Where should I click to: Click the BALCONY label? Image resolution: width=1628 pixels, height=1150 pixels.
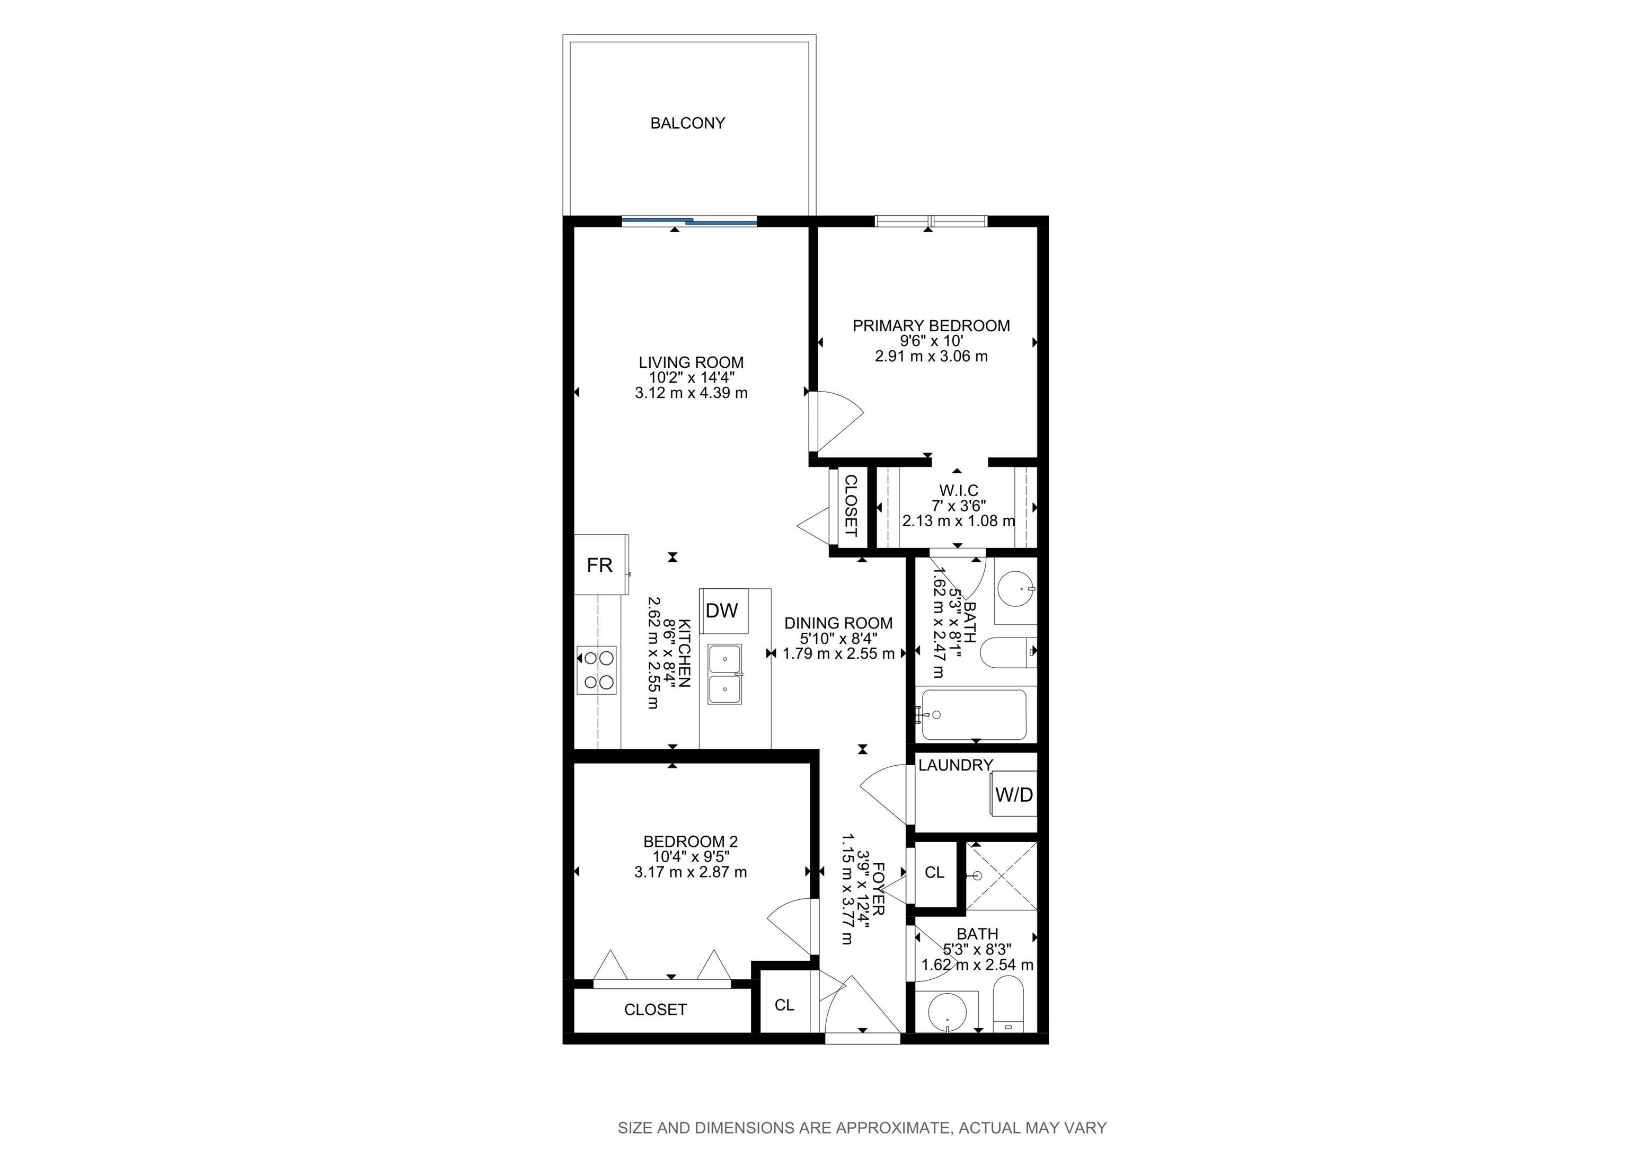tap(687, 123)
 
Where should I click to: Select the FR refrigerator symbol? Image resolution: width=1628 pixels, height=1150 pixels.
tap(600, 564)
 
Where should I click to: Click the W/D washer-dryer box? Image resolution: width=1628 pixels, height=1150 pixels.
tap(1014, 795)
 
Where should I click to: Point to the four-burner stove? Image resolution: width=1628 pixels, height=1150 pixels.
tap(597, 670)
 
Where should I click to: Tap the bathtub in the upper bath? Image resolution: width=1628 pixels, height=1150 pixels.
tap(974, 715)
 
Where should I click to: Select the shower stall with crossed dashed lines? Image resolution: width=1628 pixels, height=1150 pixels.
tap(1001, 878)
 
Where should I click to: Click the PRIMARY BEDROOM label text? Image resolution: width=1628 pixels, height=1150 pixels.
tap(931, 326)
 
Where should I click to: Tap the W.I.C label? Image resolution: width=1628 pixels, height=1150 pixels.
tap(959, 491)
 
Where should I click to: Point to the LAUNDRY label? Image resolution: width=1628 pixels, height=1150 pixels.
tap(955, 766)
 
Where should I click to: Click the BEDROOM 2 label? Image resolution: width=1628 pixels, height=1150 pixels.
tap(691, 842)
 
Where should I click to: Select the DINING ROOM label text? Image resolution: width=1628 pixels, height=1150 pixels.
tap(838, 623)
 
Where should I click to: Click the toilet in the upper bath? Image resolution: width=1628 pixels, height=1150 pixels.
tap(1009, 653)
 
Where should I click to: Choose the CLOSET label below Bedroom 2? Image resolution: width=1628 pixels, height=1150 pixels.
tap(655, 1010)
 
